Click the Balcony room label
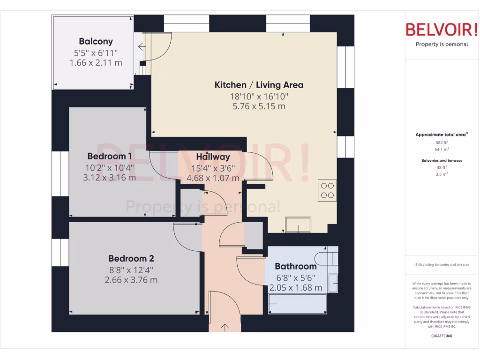click(96, 41)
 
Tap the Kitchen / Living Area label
click(259, 85)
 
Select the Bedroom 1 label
click(110, 156)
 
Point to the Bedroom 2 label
click(131, 258)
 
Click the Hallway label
click(213, 157)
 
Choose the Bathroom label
click(295, 266)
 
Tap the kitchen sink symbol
click(298, 225)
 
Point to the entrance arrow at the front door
click(225, 327)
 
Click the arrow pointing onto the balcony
click(141, 46)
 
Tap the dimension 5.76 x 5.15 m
click(259, 106)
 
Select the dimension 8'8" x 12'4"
click(131, 270)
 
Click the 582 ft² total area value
click(442, 142)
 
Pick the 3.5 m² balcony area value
click(442, 174)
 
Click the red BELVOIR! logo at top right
click(442, 30)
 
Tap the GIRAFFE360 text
click(442, 336)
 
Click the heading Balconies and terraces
click(442, 160)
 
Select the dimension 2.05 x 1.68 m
click(295, 288)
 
